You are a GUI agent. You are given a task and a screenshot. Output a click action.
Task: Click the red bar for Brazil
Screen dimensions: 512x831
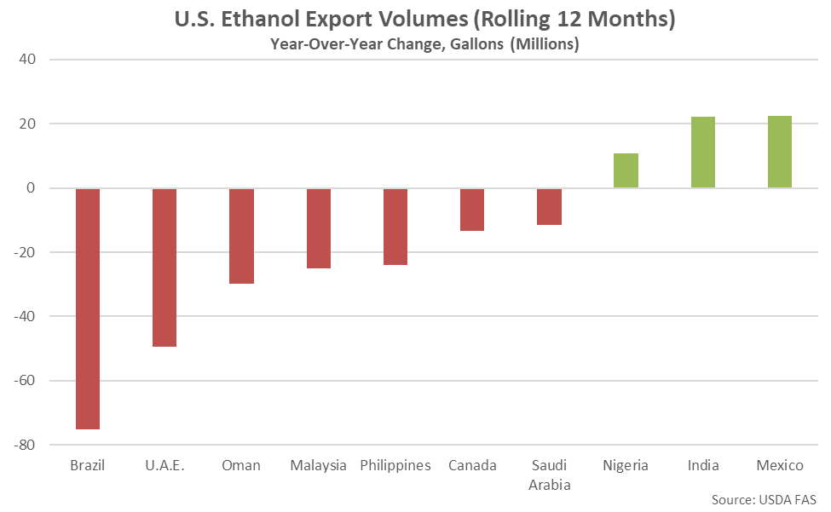point(88,308)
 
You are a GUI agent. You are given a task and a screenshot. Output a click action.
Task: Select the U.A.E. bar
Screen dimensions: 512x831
point(164,268)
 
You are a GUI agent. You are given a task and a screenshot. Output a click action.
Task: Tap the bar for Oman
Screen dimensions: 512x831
point(241,236)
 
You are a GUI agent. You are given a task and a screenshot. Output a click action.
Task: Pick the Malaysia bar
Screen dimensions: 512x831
point(319,228)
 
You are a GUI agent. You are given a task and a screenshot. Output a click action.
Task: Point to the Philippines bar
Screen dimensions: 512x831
point(395,227)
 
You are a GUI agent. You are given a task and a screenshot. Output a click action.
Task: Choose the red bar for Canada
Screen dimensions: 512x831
point(472,210)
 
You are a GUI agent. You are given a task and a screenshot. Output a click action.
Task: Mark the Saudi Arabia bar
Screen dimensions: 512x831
point(549,206)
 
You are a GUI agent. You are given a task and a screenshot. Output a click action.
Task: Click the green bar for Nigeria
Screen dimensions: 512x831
point(626,170)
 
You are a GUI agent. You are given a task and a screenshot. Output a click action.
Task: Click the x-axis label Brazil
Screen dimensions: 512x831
point(88,465)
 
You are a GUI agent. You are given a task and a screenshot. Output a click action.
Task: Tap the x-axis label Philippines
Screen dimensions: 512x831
point(395,465)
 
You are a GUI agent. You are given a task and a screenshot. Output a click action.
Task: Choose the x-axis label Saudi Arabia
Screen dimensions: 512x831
point(549,475)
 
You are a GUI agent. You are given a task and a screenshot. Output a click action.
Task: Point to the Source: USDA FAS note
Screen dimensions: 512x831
point(765,498)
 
